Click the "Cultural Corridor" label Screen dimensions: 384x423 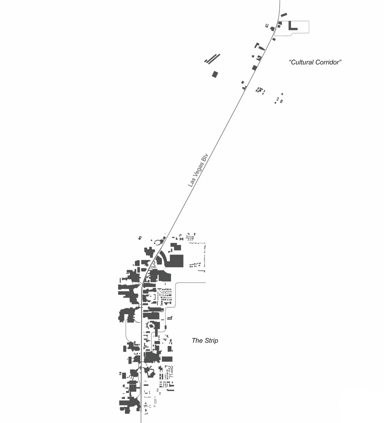[x=315, y=62]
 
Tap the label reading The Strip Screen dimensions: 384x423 [x=205, y=340]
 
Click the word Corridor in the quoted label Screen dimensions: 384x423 [x=328, y=62]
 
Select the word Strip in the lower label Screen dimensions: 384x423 [x=211, y=341]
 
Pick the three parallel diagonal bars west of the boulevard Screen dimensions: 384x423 [x=212, y=59]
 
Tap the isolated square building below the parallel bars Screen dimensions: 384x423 [x=215, y=74]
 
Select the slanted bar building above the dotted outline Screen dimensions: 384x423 [x=284, y=15]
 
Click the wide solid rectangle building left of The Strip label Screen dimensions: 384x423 [x=167, y=359]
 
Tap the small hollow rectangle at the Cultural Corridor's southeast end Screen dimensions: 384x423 [x=281, y=101]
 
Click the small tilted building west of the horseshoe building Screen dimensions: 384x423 [x=140, y=238]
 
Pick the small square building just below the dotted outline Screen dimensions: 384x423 [x=274, y=39]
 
